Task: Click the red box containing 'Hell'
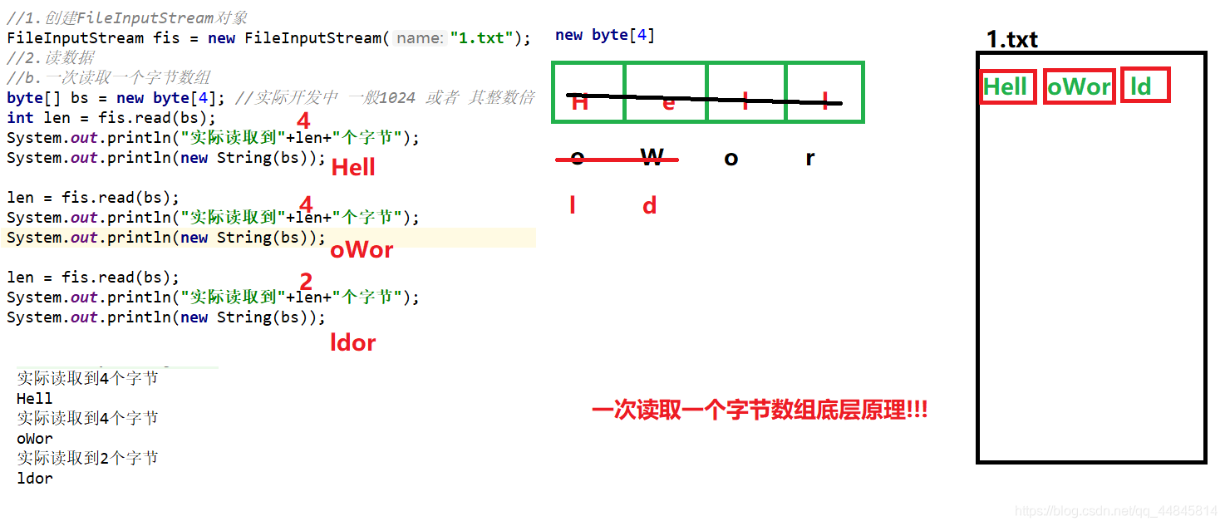pyautogui.click(x=1007, y=86)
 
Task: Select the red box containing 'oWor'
pyautogui.click(x=1079, y=86)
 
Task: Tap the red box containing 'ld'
pyautogui.click(x=1144, y=86)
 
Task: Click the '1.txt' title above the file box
pyautogui.click(x=1011, y=39)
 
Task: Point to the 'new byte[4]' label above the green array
pyautogui.click(x=605, y=35)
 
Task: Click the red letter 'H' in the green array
pyautogui.click(x=580, y=103)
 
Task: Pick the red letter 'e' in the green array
pyautogui.click(x=668, y=103)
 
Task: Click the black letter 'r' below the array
pyautogui.click(x=810, y=158)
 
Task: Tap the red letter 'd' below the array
pyautogui.click(x=650, y=206)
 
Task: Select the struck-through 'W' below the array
pyautogui.click(x=652, y=158)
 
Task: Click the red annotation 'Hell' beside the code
pyautogui.click(x=353, y=168)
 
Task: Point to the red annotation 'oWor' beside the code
pyautogui.click(x=362, y=250)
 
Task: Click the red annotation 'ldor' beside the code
pyautogui.click(x=353, y=342)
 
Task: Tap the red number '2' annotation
pyautogui.click(x=306, y=283)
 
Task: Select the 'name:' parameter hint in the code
pyautogui.click(x=420, y=38)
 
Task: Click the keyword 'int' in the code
pyautogui.click(x=20, y=118)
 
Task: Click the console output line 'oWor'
pyautogui.click(x=35, y=438)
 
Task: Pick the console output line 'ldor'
pyautogui.click(x=35, y=478)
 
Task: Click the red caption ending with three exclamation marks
pyautogui.click(x=759, y=410)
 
